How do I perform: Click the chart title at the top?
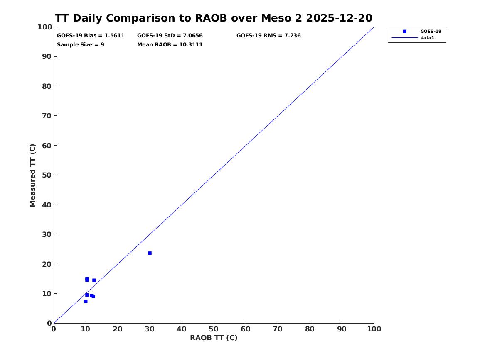(214, 18)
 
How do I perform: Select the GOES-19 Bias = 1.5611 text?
(91, 36)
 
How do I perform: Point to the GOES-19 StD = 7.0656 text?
(170, 36)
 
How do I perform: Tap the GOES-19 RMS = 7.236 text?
(268, 36)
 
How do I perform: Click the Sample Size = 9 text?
(81, 45)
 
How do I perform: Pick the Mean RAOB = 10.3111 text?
(170, 45)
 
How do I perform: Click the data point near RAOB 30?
(150, 253)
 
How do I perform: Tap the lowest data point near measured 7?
(86, 301)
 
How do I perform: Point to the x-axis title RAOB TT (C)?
(214, 338)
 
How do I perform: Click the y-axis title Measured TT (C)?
(32, 175)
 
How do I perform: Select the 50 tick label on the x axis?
(214, 329)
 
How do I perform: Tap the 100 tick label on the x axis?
(374, 329)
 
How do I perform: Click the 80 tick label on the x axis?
(310, 329)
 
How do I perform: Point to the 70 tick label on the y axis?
(47, 116)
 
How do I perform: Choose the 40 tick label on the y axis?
(47, 205)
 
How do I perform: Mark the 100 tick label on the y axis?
(45, 27)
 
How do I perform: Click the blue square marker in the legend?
(404, 31)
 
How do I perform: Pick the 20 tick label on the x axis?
(118, 329)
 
